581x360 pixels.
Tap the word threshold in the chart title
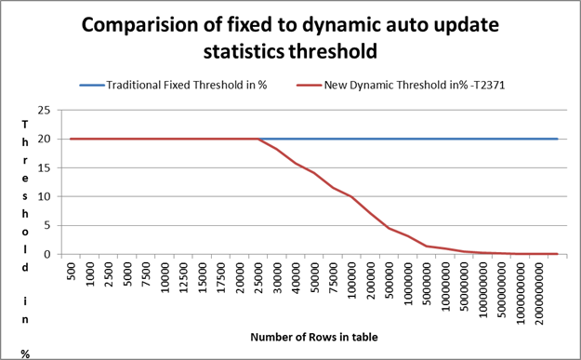[333, 51]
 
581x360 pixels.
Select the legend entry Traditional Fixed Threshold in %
[187, 86]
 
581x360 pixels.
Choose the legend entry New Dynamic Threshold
[415, 86]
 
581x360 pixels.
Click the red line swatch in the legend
[309, 86]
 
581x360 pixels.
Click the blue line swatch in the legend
[92, 86]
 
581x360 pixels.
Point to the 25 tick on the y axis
[44, 110]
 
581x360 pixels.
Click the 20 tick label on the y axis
[44, 139]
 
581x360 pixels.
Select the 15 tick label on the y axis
[44, 167]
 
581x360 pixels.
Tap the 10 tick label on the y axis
[44, 196]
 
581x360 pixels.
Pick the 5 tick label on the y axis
[47, 225]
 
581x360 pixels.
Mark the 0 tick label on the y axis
[47, 254]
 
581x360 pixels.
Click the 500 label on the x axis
[72, 272]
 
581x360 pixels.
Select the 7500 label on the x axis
[146, 274]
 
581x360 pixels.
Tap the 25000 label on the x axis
[258, 278]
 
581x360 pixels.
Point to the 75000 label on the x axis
[334, 278]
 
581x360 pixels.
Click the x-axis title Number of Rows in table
[314, 337]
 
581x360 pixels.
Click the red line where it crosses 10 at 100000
[351, 196]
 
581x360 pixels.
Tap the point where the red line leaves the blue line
[258, 139]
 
